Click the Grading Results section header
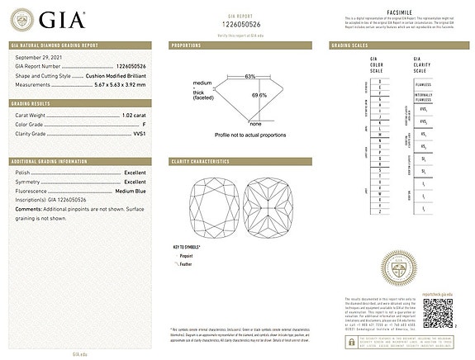[x=32, y=103]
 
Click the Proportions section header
[x=187, y=45]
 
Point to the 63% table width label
[x=249, y=76]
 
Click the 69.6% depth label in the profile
[x=259, y=95]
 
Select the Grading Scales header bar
[x=350, y=45]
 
